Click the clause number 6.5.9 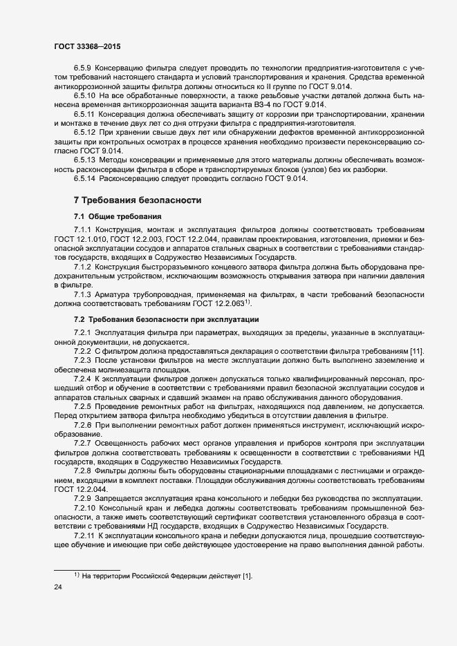82,68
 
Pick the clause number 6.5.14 84,179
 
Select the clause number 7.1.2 82,265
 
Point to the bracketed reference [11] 417,353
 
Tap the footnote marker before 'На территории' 77,593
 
